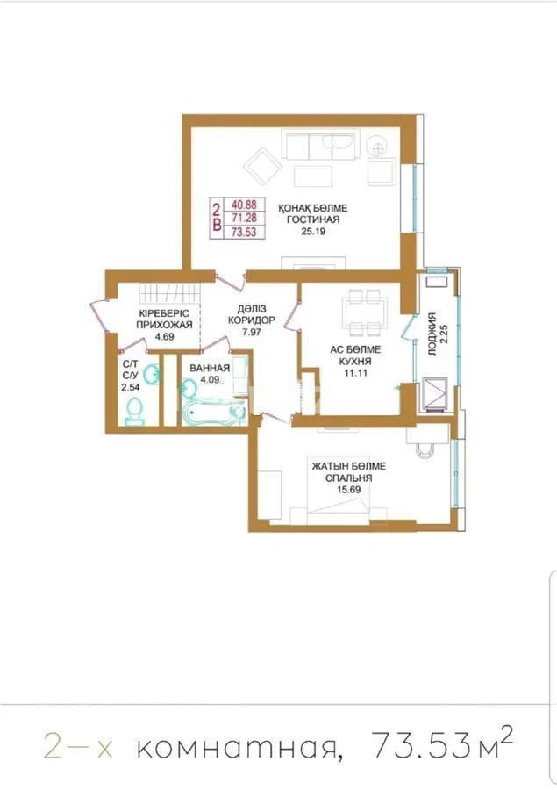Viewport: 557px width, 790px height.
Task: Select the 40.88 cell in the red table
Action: coord(242,202)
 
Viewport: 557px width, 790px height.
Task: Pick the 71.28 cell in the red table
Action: coord(242,217)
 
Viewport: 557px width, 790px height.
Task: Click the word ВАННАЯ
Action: coord(210,368)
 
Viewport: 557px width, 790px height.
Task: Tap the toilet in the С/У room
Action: coord(134,411)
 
